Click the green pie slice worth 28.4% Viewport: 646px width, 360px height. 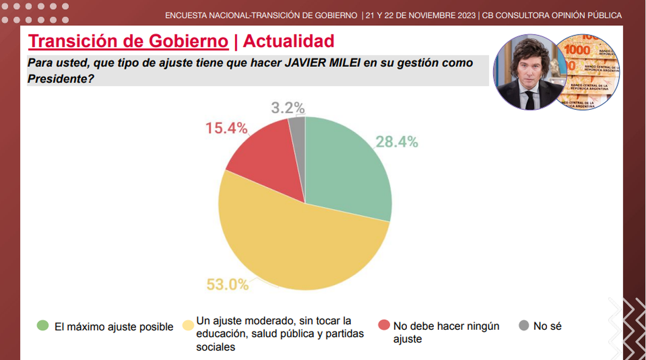(345, 167)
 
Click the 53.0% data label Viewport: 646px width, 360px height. (228, 284)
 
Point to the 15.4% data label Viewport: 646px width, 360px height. (226, 128)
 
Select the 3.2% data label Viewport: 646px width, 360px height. (287, 107)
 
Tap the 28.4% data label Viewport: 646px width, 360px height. (397, 142)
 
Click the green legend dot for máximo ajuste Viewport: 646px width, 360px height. (43, 326)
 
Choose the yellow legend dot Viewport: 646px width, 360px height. (188, 326)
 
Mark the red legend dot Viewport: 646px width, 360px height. (384, 326)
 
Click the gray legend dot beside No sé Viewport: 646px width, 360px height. (524, 326)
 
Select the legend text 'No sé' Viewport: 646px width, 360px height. (547, 326)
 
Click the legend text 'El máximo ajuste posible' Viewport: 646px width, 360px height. (114, 327)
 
